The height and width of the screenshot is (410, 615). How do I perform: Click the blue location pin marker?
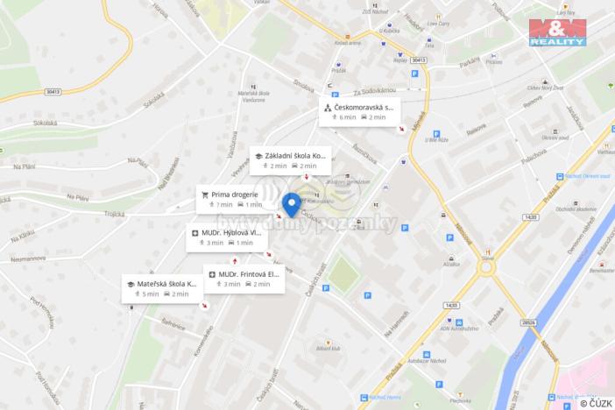[293, 203]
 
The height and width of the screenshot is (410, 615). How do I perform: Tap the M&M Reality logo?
[557, 32]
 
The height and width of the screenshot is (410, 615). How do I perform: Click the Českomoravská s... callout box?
[359, 111]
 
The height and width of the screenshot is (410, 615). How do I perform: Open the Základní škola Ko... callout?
[290, 159]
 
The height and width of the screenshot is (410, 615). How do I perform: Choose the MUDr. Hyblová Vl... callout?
[226, 237]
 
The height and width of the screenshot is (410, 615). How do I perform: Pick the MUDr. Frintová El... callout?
[244, 279]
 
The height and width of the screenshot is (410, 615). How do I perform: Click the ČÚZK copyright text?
[596, 403]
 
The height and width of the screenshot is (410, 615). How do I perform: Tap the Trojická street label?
[115, 214]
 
